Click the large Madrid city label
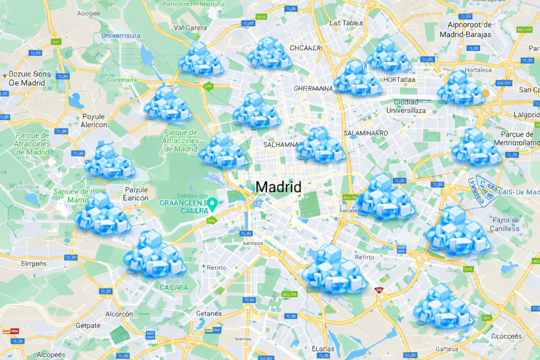(278, 187)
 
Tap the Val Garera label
(190, 27)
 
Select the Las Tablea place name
(345, 23)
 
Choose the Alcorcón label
(119, 314)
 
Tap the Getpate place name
(88, 325)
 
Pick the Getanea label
(208, 314)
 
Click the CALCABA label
(173, 287)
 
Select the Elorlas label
(323, 348)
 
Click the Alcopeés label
(51, 354)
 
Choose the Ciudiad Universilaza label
(406, 106)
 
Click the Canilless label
(504, 228)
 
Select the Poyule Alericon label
(94, 121)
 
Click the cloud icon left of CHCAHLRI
(269, 54)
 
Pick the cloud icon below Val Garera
(201, 58)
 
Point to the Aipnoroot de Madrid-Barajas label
(469, 30)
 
